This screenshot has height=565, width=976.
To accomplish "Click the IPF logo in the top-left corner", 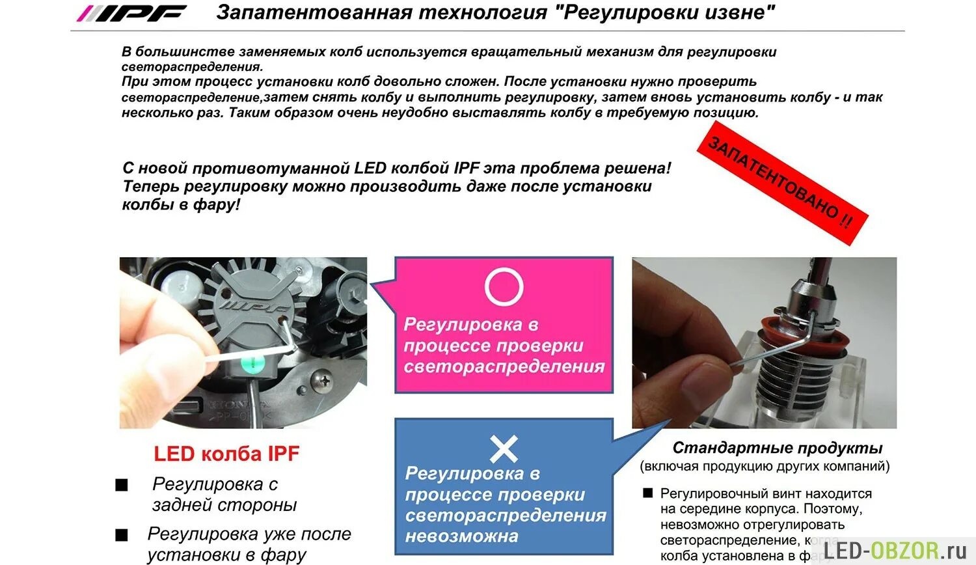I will [x=131, y=13].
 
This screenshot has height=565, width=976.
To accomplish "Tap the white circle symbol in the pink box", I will [x=504, y=286].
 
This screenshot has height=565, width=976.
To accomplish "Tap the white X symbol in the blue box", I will [x=504, y=449].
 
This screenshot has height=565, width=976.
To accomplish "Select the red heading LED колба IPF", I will [x=226, y=454].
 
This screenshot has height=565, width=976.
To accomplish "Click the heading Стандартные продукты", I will [x=777, y=448].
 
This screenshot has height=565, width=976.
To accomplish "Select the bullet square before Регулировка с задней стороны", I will [x=122, y=486].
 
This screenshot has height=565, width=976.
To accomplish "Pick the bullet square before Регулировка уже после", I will [x=122, y=535].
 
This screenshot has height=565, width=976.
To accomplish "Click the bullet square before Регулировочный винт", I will [x=647, y=493].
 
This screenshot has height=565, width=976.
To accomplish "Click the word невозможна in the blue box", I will [x=461, y=536].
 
